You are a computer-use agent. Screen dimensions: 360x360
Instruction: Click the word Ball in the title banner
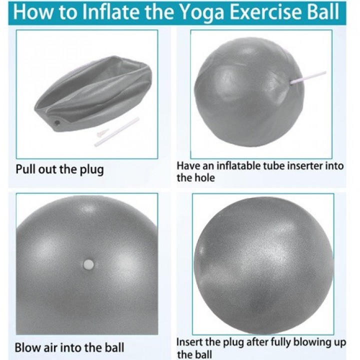(323, 12)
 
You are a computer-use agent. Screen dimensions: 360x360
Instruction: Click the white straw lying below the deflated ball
(117, 132)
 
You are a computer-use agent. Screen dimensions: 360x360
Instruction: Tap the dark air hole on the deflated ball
(57, 122)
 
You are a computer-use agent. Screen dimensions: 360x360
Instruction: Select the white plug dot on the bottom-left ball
(88, 264)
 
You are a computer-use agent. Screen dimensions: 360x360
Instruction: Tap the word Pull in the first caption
(25, 169)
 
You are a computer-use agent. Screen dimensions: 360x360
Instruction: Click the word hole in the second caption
(204, 178)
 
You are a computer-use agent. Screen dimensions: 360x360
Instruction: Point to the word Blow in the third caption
(26, 347)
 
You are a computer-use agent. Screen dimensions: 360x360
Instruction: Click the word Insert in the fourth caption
(189, 342)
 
